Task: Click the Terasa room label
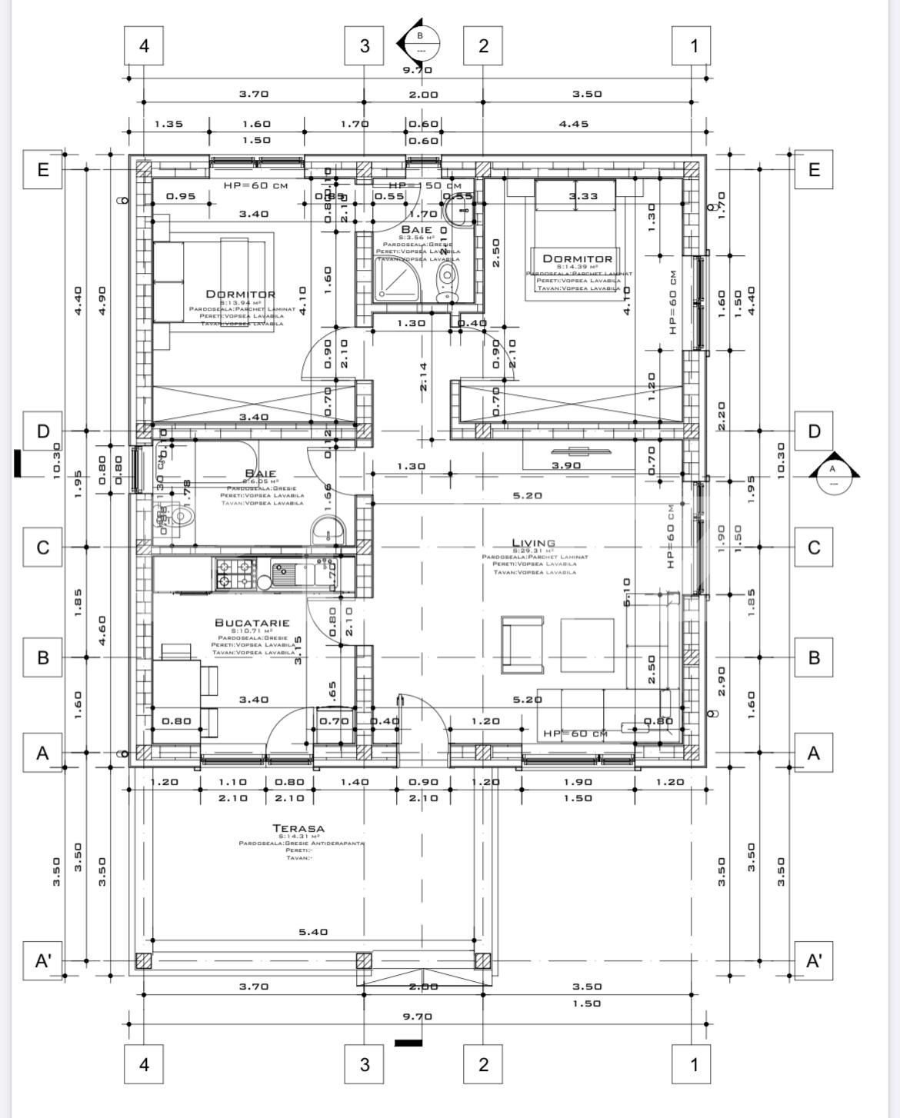point(298,828)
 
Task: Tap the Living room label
point(533,543)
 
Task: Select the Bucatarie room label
point(252,623)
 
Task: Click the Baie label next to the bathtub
point(261,473)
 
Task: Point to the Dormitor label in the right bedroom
point(578,259)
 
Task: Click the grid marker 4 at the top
point(144,46)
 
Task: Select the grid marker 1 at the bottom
point(694,1064)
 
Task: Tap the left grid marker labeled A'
point(42,961)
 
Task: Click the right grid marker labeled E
point(814,169)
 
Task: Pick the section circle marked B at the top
point(421,42)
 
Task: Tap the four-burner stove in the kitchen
point(235,574)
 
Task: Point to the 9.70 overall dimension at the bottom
point(418,1017)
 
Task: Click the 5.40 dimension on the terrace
point(313,932)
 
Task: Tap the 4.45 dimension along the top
point(574,123)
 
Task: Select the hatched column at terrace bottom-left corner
point(143,961)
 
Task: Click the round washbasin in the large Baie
point(329,531)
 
